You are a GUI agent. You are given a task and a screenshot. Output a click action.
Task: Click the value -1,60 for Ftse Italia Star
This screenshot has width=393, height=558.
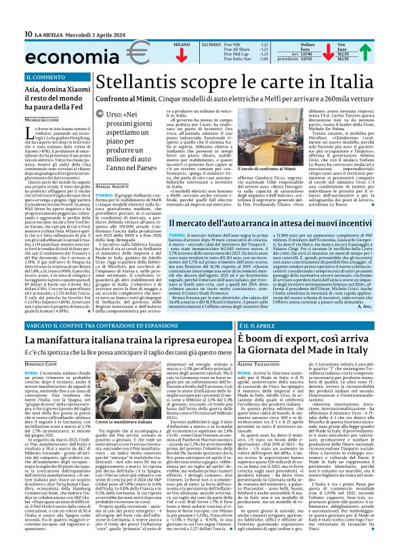(x=264, y=59)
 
